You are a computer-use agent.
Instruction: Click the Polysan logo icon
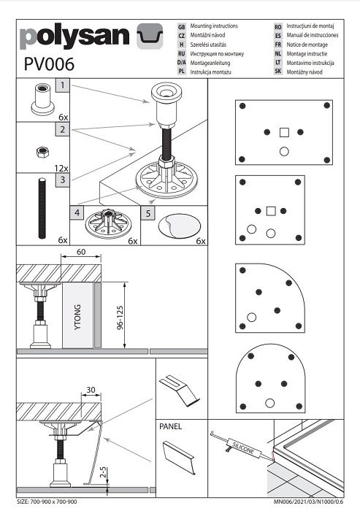point(150,36)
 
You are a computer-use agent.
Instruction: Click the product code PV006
point(49,64)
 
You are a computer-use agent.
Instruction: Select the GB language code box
point(182,27)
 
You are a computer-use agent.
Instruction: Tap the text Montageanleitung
point(210,63)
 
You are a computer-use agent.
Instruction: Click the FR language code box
point(277,45)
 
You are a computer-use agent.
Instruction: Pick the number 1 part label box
point(63,85)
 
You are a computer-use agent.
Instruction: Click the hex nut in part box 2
point(42,152)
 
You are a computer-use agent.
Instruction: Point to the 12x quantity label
point(61,168)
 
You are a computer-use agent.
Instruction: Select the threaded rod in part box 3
point(42,208)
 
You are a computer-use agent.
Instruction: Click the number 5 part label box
point(148,213)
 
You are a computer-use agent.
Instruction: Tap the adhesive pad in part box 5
point(180,226)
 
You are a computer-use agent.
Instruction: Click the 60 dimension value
point(81,252)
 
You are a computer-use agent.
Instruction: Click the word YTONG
point(77,317)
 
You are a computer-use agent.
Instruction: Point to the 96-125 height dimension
point(120,318)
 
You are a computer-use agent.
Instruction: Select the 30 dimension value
point(91,390)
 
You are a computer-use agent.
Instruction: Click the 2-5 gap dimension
point(103,472)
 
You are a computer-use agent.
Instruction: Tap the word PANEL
point(170,426)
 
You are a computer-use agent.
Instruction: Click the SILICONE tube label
point(243,448)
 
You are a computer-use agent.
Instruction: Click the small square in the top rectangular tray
point(284,132)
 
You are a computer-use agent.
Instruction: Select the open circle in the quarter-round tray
point(251,317)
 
